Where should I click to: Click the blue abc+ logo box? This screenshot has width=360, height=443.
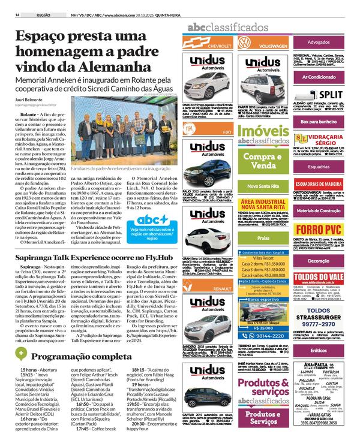pyautogui.click(x=155, y=219)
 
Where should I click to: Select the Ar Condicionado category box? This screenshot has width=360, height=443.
pyautogui.click(x=322, y=77)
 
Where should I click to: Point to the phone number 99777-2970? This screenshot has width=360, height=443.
pyautogui.click(x=323, y=305)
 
